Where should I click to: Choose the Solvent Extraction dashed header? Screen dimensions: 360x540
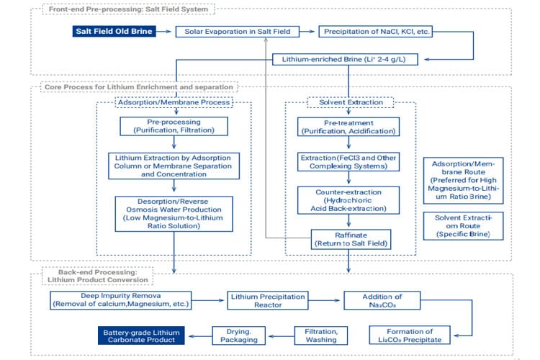point(348,102)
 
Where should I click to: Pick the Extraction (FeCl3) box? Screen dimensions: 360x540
point(348,161)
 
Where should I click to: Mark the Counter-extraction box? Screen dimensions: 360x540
point(348,199)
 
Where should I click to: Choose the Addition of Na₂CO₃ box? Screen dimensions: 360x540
point(381,300)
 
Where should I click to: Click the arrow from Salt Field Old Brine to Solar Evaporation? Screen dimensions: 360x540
point(166,32)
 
